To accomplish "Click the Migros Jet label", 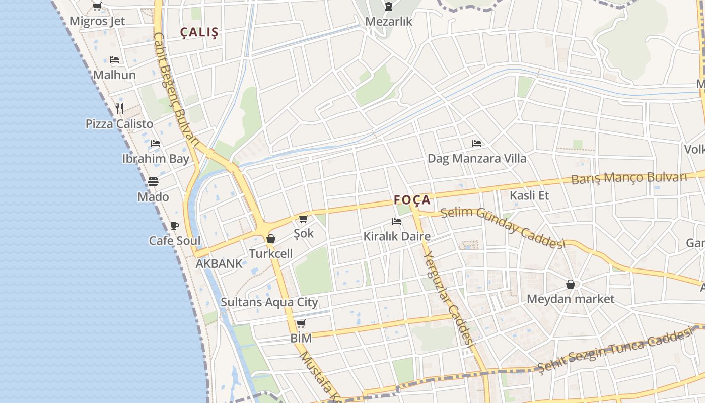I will tap(97, 21).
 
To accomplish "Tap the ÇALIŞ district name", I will tap(200, 33).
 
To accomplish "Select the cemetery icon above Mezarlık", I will tap(388, 7).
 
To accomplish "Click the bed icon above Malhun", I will tap(114, 60).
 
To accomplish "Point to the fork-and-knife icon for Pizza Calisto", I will tap(119, 108).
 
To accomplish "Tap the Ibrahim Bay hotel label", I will tap(156, 159).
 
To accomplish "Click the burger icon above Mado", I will tap(153, 181).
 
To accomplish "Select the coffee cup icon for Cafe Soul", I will tap(174, 226).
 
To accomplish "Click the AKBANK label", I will tap(219, 263).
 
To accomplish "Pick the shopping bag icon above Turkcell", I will tap(271, 239).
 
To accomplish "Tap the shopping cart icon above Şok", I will tap(303, 219).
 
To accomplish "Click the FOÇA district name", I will tap(412, 200).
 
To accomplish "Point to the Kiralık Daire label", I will tap(397, 236).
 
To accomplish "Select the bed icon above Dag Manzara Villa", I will tap(476, 144).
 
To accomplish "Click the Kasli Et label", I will tap(529, 195).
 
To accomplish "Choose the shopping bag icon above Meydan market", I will tap(571, 285).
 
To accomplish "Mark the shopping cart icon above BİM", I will tap(301, 323).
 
